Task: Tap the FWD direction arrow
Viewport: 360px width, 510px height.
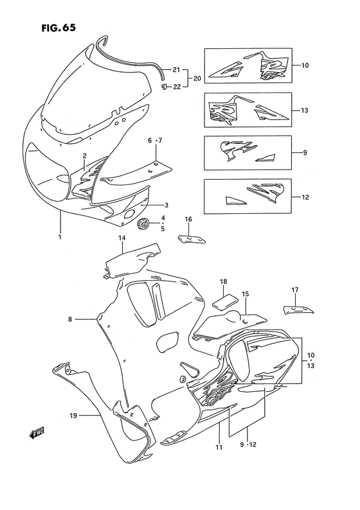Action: tap(38, 435)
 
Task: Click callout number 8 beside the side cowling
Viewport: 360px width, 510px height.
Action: tap(71, 319)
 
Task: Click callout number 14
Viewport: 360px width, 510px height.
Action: tap(121, 239)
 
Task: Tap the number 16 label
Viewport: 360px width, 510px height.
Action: tap(188, 220)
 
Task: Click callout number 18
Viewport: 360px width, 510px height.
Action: tap(224, 281)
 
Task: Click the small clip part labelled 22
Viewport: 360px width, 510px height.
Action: tap(165, 86)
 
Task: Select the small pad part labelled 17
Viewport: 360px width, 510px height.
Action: tap(298, 310)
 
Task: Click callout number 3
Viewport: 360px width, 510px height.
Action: tap(165, 206)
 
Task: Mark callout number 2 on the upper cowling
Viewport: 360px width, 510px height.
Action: tap(84, 155)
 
